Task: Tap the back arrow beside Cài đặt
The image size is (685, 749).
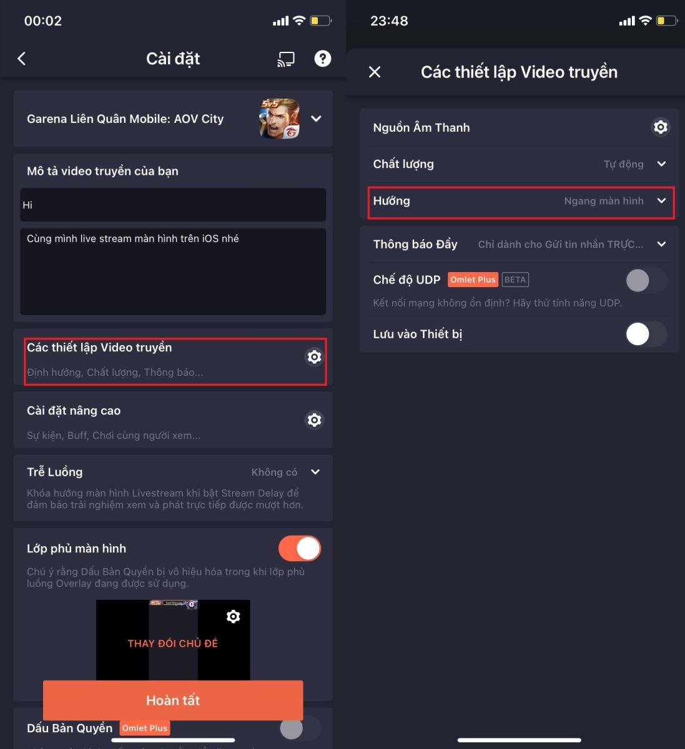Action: (x=22, y=59)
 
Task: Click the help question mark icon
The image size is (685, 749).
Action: (x=322, y=59)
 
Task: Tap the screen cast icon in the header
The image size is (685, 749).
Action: (x=286, y=59)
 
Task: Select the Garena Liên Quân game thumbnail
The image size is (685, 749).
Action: (x=279, y=119)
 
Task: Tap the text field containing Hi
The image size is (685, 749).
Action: (x=173, y=205)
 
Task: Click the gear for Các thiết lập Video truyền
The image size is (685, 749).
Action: (x=314, y=356)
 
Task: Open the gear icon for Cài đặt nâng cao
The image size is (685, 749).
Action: (x=314, y=420)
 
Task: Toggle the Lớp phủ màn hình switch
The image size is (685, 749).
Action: (x=300, y=549)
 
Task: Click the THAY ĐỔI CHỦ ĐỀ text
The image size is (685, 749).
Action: (x=173, y=644)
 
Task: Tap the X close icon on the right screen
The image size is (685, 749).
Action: (x=375, y=72)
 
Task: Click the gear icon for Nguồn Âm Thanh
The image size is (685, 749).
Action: (x=660, y=127)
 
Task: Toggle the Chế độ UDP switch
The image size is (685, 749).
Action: (x=646, y=280)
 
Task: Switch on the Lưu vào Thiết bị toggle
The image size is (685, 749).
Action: (x=646, y=334)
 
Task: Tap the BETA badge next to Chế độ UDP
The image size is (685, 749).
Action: (x=515, y=280)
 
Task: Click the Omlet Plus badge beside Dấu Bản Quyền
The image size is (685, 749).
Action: (x=145, y=728)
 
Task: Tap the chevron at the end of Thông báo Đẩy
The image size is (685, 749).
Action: (x=661, y=244)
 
